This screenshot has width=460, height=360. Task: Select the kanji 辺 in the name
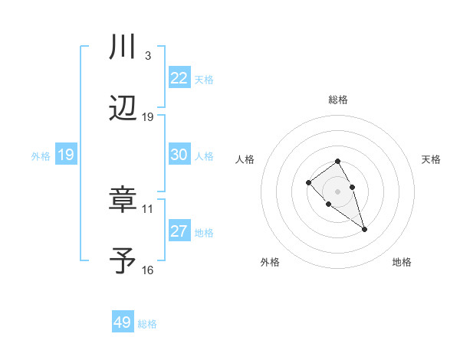(123, 110)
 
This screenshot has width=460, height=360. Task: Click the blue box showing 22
(179, 78)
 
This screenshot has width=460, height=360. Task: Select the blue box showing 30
(179, 155)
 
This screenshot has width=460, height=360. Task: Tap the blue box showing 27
(179, 231)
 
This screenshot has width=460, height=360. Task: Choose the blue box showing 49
(123, 322)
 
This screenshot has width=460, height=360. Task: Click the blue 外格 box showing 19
(65, 155)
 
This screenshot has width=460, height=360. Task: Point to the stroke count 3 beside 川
(147, 56)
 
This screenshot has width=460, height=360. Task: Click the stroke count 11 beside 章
(148, 208)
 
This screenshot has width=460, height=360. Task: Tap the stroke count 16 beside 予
(148, 270)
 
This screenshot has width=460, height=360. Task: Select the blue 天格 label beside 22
(203, 79)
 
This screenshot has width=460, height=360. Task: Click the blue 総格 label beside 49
(147, 324)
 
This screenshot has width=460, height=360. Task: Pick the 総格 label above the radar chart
(337, 100)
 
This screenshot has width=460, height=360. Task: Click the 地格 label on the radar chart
(402, 262)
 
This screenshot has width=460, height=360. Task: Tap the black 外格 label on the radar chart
(270, 262)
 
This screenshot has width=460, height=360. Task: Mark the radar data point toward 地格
(364, 229)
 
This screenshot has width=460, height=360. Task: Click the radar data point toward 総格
(337, 161)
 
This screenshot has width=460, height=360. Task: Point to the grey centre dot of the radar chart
(337, 191)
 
